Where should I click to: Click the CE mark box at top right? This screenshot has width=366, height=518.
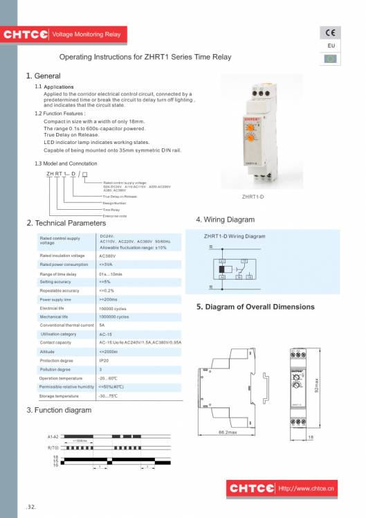click(330, 33)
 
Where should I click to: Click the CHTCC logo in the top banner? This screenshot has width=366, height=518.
click(25, 34)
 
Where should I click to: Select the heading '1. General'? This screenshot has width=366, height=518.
click(43, 75)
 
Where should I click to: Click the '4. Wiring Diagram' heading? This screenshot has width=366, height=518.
click(226, 220)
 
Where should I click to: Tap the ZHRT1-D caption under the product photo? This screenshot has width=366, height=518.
click(258, 197)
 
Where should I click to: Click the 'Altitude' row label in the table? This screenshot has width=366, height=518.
click(48, 352)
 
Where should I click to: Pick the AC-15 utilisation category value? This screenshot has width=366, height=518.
click(107, 334)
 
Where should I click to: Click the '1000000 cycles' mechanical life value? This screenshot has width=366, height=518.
click(114, 316)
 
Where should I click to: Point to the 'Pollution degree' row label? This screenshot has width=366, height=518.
click(55, 370)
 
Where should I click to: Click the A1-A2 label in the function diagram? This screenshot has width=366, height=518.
click(53, 438)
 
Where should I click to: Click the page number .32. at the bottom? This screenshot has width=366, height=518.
click(31, 507)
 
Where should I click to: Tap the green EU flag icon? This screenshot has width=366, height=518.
click(330, 58)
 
